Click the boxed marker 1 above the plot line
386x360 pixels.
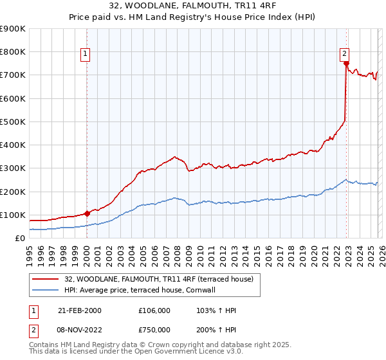(x=86, y=54)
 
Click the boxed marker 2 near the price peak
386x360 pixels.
(x=345, y=54)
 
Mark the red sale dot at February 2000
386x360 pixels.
(x=87, y=213)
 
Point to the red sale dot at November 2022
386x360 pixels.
(x=346, y=63)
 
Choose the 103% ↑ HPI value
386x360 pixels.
(x=216, y=310)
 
